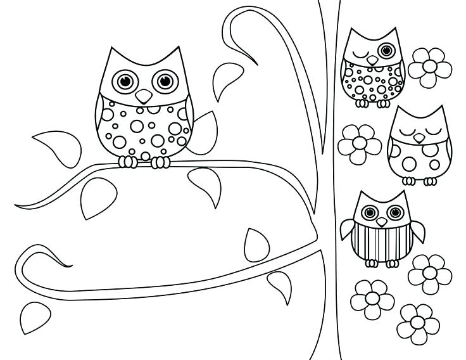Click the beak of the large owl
point(144,96)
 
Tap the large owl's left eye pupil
point(124,80)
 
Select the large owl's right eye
point(165,80)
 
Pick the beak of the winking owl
point(373,60)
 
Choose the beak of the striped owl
point(381,222)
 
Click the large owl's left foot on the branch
point(129,162)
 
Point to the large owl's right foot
point(161,162)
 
